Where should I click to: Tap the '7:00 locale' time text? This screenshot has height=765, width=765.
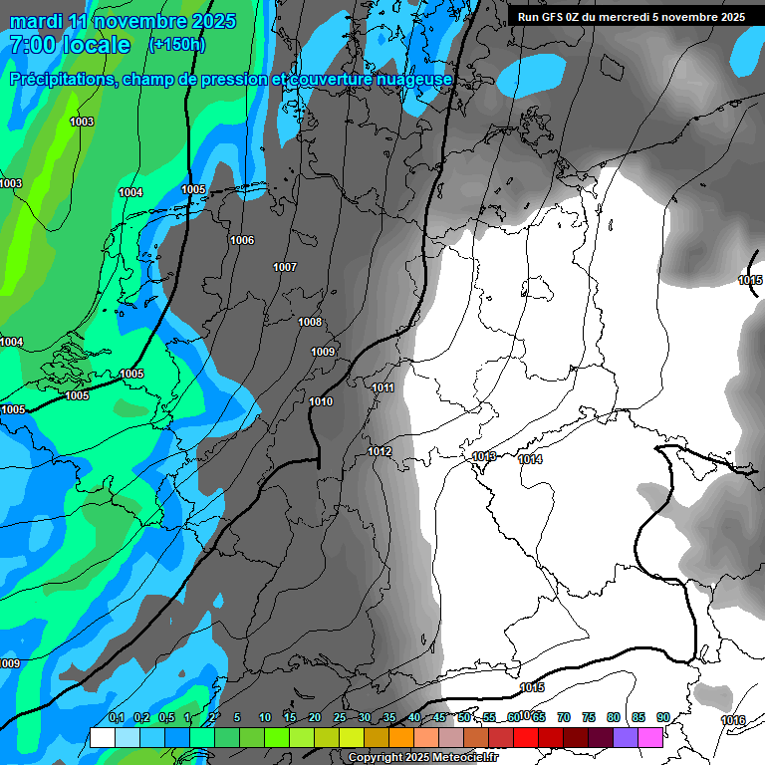(71, 45)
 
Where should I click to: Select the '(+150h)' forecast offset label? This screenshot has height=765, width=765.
(176, 45)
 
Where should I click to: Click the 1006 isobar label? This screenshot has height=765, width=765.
(242, 240)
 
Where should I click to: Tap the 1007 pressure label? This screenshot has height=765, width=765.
(285, 267)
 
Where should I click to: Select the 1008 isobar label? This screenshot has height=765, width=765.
(310, 322)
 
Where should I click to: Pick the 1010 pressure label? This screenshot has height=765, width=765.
(321, 401)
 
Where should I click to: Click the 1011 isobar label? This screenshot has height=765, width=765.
(382, 387)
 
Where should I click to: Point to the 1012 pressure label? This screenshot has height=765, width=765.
(380, 451)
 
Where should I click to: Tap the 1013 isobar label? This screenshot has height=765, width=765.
(484, 456)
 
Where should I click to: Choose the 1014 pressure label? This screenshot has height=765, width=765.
(530, 459)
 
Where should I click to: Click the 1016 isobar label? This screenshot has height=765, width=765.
(732, 720)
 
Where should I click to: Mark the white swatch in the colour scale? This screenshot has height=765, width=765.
(102, 737)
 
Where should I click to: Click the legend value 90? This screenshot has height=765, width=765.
(662, 717)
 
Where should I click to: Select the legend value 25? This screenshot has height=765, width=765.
(339, 717)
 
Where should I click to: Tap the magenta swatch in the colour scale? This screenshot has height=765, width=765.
(650, 737)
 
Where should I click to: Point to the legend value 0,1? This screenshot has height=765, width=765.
(116, 717)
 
